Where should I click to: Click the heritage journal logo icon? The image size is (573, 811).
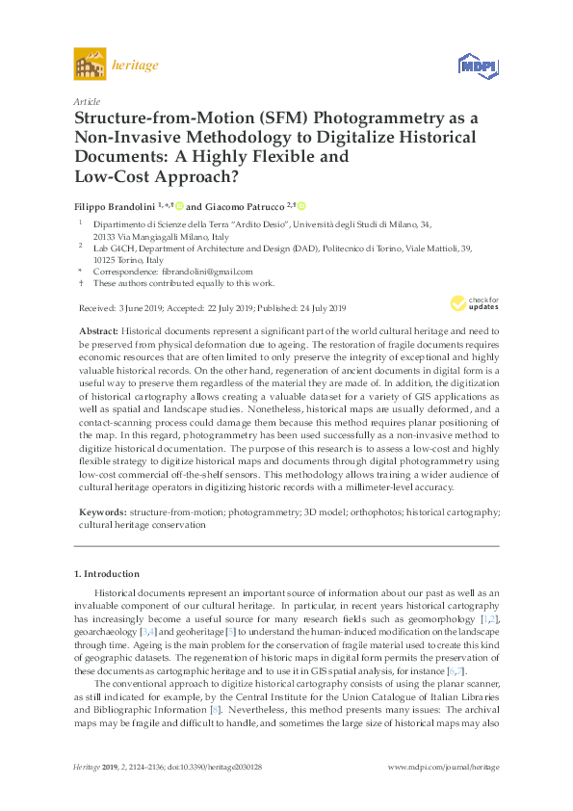[90, 65]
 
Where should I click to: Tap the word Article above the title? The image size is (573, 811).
[87, 100]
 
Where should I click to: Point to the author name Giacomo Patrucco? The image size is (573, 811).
[243, 205]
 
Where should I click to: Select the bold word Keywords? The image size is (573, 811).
[102, 513]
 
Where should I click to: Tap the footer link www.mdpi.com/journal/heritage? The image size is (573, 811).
[442, 767]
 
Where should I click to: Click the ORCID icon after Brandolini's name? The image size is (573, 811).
[178, 205]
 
